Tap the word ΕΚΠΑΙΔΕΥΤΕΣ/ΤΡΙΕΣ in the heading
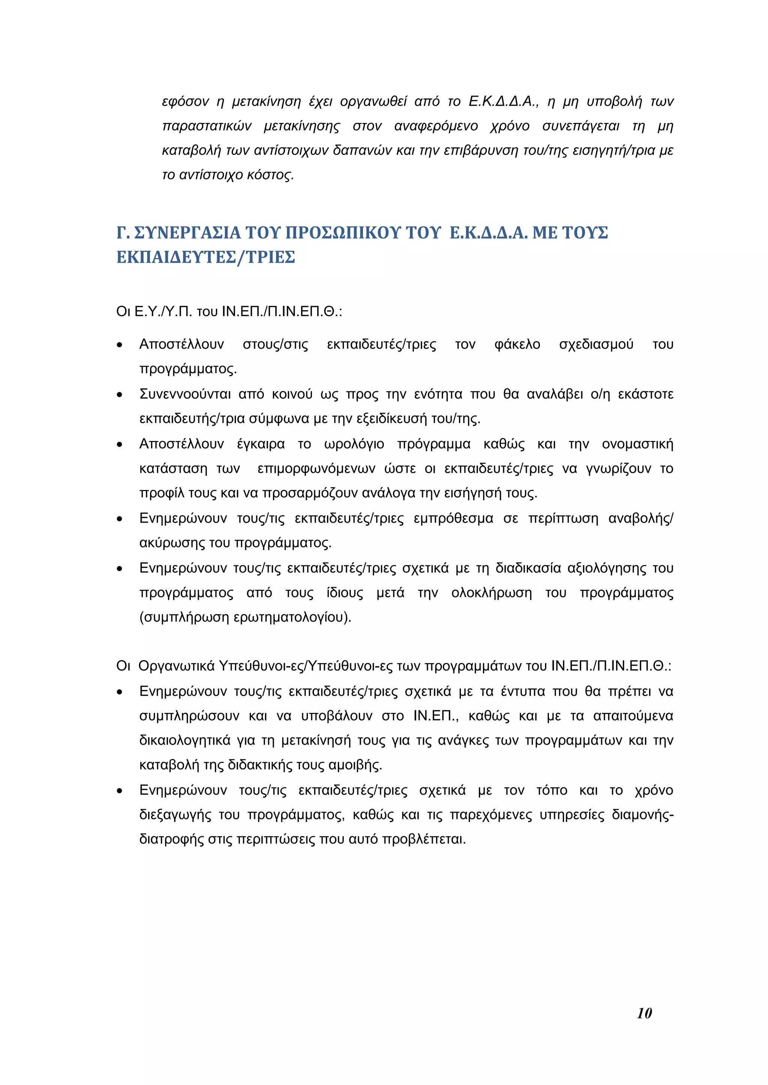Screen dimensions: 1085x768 coord(206,257)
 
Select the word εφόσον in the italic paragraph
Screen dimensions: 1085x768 coord(185,102)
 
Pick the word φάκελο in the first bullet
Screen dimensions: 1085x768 coord(517,345)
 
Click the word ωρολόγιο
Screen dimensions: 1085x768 coord(354,444)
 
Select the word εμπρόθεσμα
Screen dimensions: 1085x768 coord(453,519)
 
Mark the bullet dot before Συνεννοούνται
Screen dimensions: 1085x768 coord(120,395)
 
